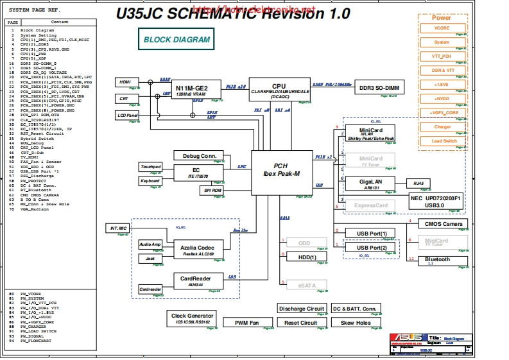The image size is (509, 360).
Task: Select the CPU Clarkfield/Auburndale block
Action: (279, 89)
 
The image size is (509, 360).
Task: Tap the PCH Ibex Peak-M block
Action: (281, 170)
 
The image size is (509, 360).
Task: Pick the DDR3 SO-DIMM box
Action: (379, 87)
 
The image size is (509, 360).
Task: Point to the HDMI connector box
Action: (125, 82)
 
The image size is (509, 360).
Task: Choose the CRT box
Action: (124, 99)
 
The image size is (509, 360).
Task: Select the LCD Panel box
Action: (127, 116)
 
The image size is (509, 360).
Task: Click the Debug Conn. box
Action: (199, 156)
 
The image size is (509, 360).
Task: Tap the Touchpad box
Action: (150, 167)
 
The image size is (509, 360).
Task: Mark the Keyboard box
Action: (150, 182)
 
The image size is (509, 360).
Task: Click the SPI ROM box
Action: (213, 191)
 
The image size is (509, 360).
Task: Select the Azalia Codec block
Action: (198, 250)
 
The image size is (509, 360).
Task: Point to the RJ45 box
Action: (418, 183)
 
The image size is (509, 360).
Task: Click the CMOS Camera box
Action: (444, 224)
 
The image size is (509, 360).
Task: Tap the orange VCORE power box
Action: (442, 28)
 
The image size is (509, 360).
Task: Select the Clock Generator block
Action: (192, 318)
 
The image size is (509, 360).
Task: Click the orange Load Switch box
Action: (444, 141)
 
